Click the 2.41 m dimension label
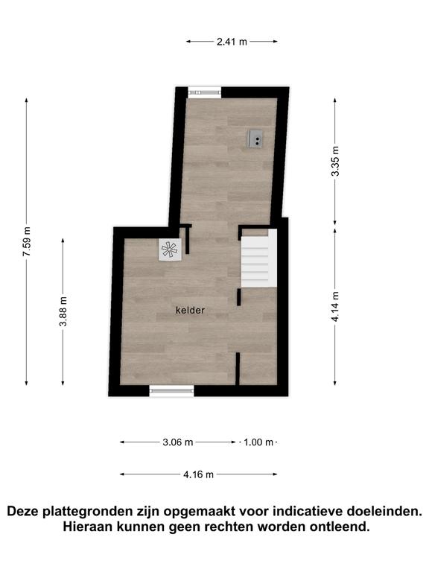point(232,42)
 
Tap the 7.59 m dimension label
point(27,241)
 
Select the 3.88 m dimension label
point(63,311)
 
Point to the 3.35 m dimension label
point(335,161)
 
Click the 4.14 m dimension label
point(335,306)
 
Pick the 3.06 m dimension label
point(178,442)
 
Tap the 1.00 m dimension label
point(258,442)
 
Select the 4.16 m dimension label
point(198,474)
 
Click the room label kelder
point(190,311)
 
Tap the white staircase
point(258,258)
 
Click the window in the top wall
point(205,92)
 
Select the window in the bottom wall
point(171,391)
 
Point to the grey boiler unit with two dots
point(255,139)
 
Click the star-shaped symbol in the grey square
point(170,250)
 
